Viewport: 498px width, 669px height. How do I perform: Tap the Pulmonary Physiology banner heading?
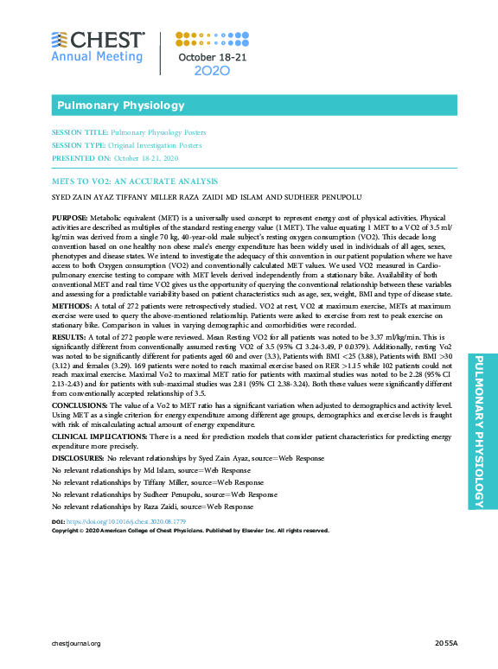120,105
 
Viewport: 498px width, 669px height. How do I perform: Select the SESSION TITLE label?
80,134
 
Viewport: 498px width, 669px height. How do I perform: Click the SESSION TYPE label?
80,146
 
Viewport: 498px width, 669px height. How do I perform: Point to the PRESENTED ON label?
82,159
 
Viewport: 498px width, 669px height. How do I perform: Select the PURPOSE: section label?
69,217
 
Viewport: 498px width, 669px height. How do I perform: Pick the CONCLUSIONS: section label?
80,404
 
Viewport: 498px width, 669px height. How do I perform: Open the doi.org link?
115,523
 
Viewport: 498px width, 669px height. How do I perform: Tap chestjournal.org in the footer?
76,644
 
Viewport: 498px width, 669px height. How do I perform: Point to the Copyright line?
190,531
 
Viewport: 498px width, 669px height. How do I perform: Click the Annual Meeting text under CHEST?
97,57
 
